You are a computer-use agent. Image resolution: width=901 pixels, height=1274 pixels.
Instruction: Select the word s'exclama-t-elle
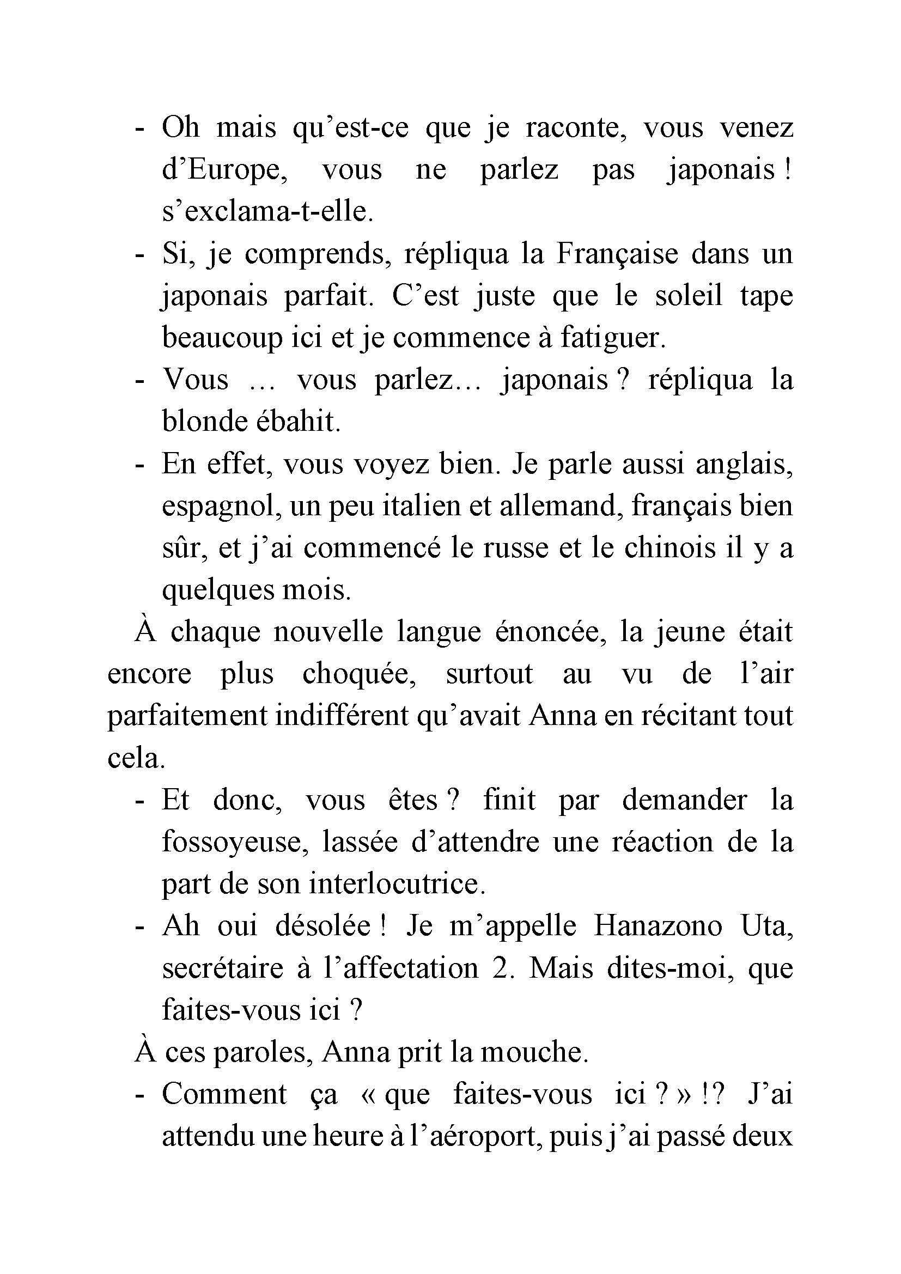[267, 212]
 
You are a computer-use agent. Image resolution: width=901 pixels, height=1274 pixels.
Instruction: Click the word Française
[617, 255]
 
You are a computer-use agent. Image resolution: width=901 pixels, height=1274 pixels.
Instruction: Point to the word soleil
[689, 296]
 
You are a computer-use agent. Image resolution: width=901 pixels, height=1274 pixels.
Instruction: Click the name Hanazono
[658, 926]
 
